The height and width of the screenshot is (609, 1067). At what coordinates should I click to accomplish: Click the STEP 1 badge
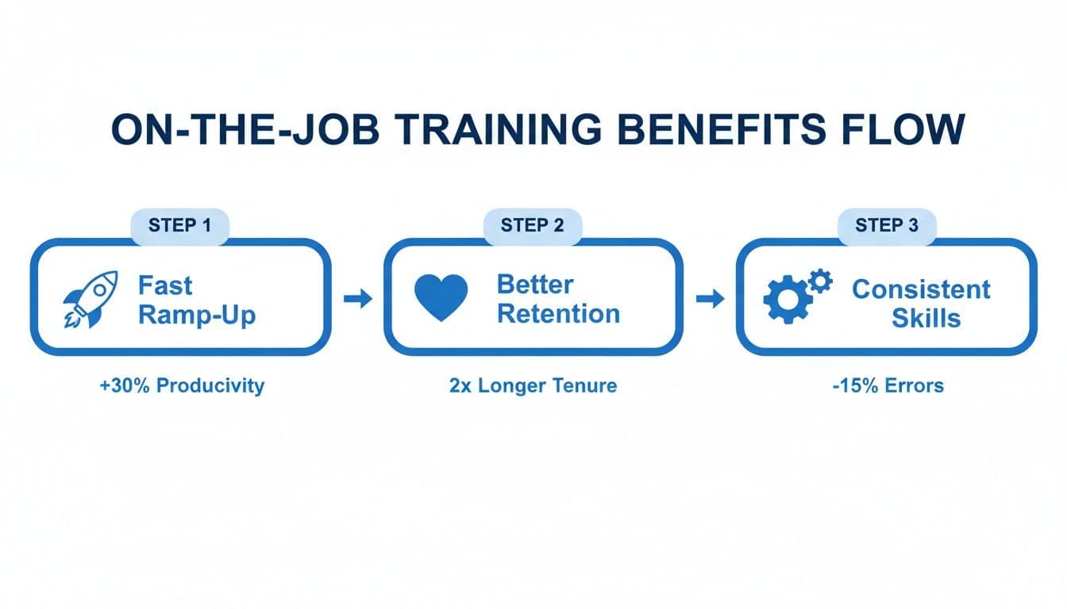click(x=180, y=226)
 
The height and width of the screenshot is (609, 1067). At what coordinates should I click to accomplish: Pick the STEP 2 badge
click(x=533, y=226)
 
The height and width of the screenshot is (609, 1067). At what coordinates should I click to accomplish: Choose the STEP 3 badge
click(x=887, y=226)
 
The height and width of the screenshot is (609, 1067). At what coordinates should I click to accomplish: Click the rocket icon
click(x=90, y=299)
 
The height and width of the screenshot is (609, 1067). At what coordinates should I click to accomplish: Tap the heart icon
click(x=441, y=299)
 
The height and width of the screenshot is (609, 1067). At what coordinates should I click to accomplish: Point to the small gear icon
click(x=819, y=280)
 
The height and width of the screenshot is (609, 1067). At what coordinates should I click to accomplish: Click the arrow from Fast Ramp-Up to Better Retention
click(x=358, y=299)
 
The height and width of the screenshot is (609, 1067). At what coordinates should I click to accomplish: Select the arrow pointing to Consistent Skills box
click(x=710, y=299)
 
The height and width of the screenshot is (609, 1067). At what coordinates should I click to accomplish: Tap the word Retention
click(x=558, y=314)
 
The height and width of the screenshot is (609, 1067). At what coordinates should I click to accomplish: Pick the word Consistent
click(x=921, y=289)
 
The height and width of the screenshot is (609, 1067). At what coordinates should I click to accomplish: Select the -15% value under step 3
click(x=847, y=386)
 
